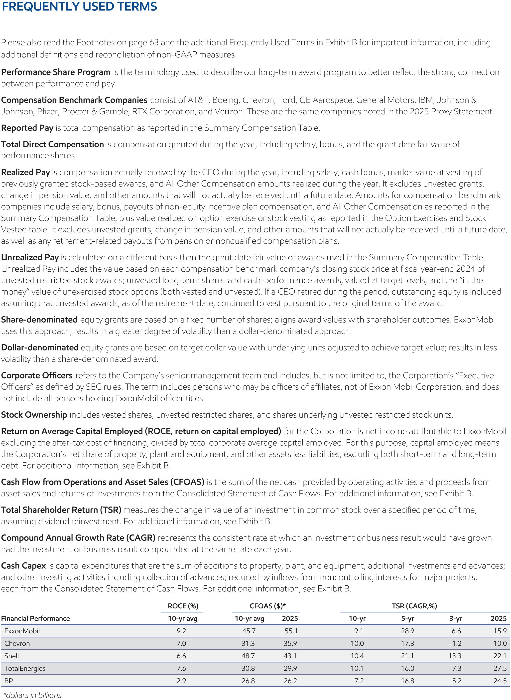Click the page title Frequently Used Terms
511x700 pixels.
[79, 7]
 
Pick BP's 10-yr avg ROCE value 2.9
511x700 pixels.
[181, 681]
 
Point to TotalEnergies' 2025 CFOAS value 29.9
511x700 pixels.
[290, 669]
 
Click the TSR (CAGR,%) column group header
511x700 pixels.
[414, 606]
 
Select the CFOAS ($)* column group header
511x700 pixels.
[267, 606]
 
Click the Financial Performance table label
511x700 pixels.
[36, 619]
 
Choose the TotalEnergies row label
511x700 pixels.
[25, 669]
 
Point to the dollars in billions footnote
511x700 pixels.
[32, 695]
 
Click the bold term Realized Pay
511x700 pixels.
[25, 172]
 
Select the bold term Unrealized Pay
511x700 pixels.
[30, 257]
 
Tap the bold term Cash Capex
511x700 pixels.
[23, 566]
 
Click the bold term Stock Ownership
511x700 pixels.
[34, 415]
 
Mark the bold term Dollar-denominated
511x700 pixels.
[40, 348]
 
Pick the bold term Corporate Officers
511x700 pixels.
[37, 375]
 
